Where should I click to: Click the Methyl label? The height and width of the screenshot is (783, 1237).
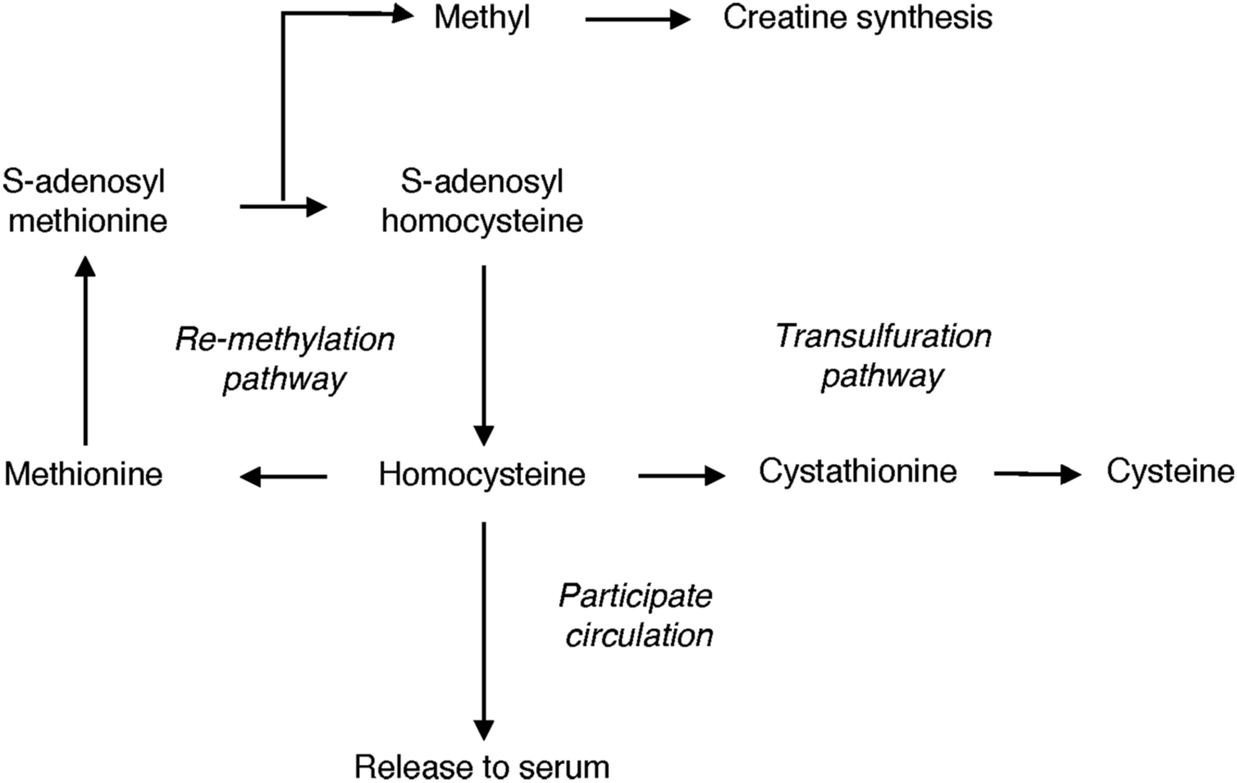click(482, 18)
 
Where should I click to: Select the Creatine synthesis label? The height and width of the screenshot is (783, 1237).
click(857, 18)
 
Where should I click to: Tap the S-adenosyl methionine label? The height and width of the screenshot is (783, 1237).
click(85, 201)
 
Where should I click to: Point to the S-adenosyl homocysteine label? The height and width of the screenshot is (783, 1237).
click(482, 201)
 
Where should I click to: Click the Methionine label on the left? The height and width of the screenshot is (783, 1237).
click(84, 475)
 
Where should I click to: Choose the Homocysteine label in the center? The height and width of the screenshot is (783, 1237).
click(482, 475)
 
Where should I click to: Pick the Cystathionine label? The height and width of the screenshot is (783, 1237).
click(857, 471)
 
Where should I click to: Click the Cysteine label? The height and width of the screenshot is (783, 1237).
click(1169, 471)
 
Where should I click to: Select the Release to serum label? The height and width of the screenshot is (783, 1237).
click(482, 767)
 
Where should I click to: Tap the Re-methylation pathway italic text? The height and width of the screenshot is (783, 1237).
click(285, 359)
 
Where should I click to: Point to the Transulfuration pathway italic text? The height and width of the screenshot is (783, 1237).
click(883, 356)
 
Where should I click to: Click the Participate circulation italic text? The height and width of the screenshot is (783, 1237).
click(637, 615)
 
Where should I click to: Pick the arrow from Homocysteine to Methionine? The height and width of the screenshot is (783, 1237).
click(284, 476)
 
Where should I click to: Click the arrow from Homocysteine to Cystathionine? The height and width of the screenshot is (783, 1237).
click(682, 475)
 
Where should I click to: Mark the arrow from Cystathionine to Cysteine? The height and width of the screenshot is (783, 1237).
click(1037, 473)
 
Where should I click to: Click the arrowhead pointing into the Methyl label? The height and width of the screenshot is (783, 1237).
click(402, 13)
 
